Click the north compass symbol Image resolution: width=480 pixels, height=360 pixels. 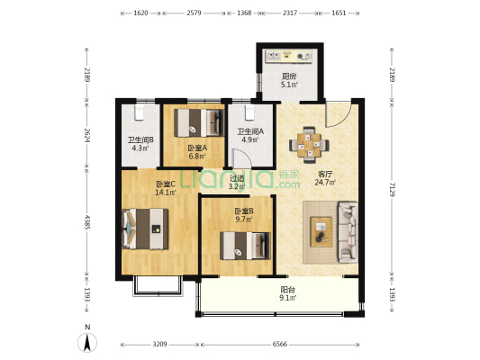pos(87,343)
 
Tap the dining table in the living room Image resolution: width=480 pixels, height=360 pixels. pos(309,145)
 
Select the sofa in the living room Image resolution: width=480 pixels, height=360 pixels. pos(348,232)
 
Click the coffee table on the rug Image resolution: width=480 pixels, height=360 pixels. pos(322,232)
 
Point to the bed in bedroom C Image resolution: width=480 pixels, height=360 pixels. pos(145,229)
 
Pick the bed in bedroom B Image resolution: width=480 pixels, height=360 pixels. pos(245,246)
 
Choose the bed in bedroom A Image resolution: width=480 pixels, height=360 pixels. pos(197,123)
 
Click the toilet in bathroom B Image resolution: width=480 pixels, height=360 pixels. pos(139,112)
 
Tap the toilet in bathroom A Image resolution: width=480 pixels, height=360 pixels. pos(249,112)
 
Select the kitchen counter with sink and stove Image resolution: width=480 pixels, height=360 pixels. pos(288,56)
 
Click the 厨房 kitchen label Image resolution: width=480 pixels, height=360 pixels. pos(289,76)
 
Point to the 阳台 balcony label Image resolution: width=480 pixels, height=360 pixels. pos(288,289)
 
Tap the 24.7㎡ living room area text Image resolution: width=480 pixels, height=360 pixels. pos(325,183)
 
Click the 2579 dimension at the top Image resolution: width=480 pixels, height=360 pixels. pos(194,13)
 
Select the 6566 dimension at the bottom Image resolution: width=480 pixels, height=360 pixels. pos(280,344)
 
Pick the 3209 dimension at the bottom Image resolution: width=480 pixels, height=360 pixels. pos(159,344)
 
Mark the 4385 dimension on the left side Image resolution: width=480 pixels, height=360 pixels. pos(87,222)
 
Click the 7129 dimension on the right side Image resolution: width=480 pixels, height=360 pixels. pos(392,189)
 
